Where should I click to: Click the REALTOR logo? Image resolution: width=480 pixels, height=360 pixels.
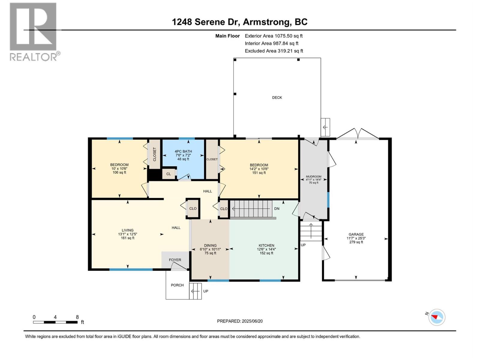click(x=34, y=32)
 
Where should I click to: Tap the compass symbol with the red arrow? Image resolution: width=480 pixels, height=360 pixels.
click(x=436, y=317)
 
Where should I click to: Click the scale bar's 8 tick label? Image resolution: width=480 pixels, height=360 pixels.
click(x=77, y=317)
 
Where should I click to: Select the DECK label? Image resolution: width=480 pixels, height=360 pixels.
click(x=277, y=97)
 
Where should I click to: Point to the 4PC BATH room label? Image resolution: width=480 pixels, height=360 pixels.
click(x=183, y=151)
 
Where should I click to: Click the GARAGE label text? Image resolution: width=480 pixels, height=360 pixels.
click(x=356, y=234)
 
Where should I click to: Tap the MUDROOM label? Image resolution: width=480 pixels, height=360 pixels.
click(x=313, y=176)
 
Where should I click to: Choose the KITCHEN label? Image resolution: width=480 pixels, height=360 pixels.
click(x=266, y=245)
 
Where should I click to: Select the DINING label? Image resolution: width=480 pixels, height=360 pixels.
click(x=210, y=245)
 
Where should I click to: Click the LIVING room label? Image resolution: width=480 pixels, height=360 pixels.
click(x=127, y=230)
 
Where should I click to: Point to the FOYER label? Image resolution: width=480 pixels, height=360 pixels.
click(x=175, y=260)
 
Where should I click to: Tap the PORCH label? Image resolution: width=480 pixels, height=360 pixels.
click(x=177, y=285)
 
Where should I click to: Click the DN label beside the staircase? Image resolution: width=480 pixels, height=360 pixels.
click(x=277, y=208)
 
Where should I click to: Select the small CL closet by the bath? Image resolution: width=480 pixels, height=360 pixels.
click(x=168, y=174)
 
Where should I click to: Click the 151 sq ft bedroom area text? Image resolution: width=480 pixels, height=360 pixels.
click(x=259, y=173)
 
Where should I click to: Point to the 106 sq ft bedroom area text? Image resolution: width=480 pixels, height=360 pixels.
click(x=119, y=172)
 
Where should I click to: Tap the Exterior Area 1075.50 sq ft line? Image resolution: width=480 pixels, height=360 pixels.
click(x=274, y=36)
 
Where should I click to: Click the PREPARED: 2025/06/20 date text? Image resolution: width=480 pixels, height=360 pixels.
click(x=240, y=321)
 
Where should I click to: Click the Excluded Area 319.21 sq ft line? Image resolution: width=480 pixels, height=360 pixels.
click(x=274, y=51)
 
